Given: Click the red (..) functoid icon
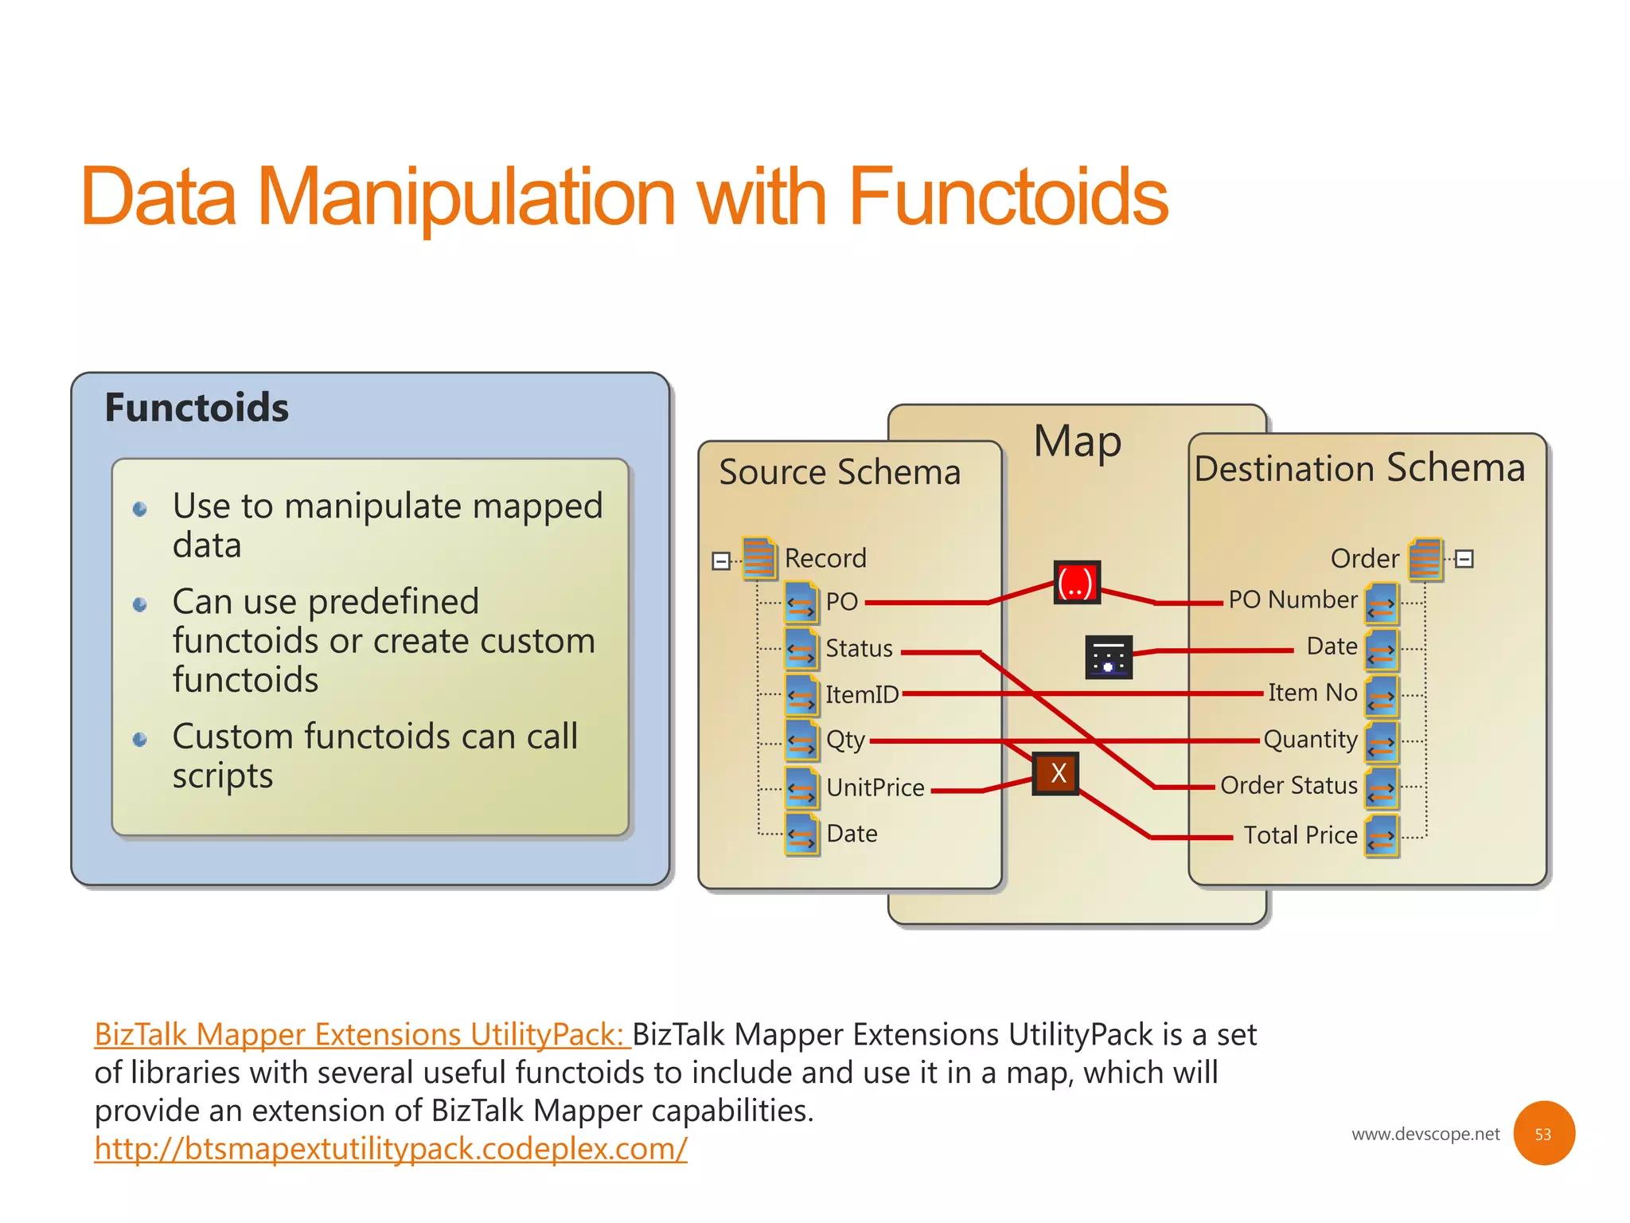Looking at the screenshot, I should click(x=1077, y=582).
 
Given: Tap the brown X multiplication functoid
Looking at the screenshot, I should click(x=1056, y=773).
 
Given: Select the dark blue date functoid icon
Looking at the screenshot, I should click(x=1108, y=657).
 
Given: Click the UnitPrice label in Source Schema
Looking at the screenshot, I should click(x=875, y=787).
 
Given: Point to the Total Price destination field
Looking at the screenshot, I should click(x=1300, y=834).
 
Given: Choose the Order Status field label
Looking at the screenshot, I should click(x=1289, y=785).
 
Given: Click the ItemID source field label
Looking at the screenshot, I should click(x=861, y=694).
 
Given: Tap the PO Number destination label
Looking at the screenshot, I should click(x=1293, y=600).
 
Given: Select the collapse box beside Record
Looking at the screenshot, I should click(x=720, y=561).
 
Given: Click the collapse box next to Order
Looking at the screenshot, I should click(x=1464, y=559).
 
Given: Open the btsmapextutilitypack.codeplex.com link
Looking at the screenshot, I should click(x=390, y=1148).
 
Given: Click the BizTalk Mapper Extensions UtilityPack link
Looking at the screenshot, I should click(x=361, y=1034).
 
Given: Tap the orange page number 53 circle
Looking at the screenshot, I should click(x=1543, y=1133).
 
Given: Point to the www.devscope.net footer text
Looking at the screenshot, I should click(x=1425, y=1134).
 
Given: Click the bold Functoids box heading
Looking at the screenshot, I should click(x=197, y=408).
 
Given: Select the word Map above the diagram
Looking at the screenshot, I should click(x=1077, y=442).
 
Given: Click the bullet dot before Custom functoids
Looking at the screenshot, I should click(x=140, y=740).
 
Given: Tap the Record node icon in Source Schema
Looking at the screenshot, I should click(x=759, y=557).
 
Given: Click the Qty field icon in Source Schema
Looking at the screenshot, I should click(x=801, y=740).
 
